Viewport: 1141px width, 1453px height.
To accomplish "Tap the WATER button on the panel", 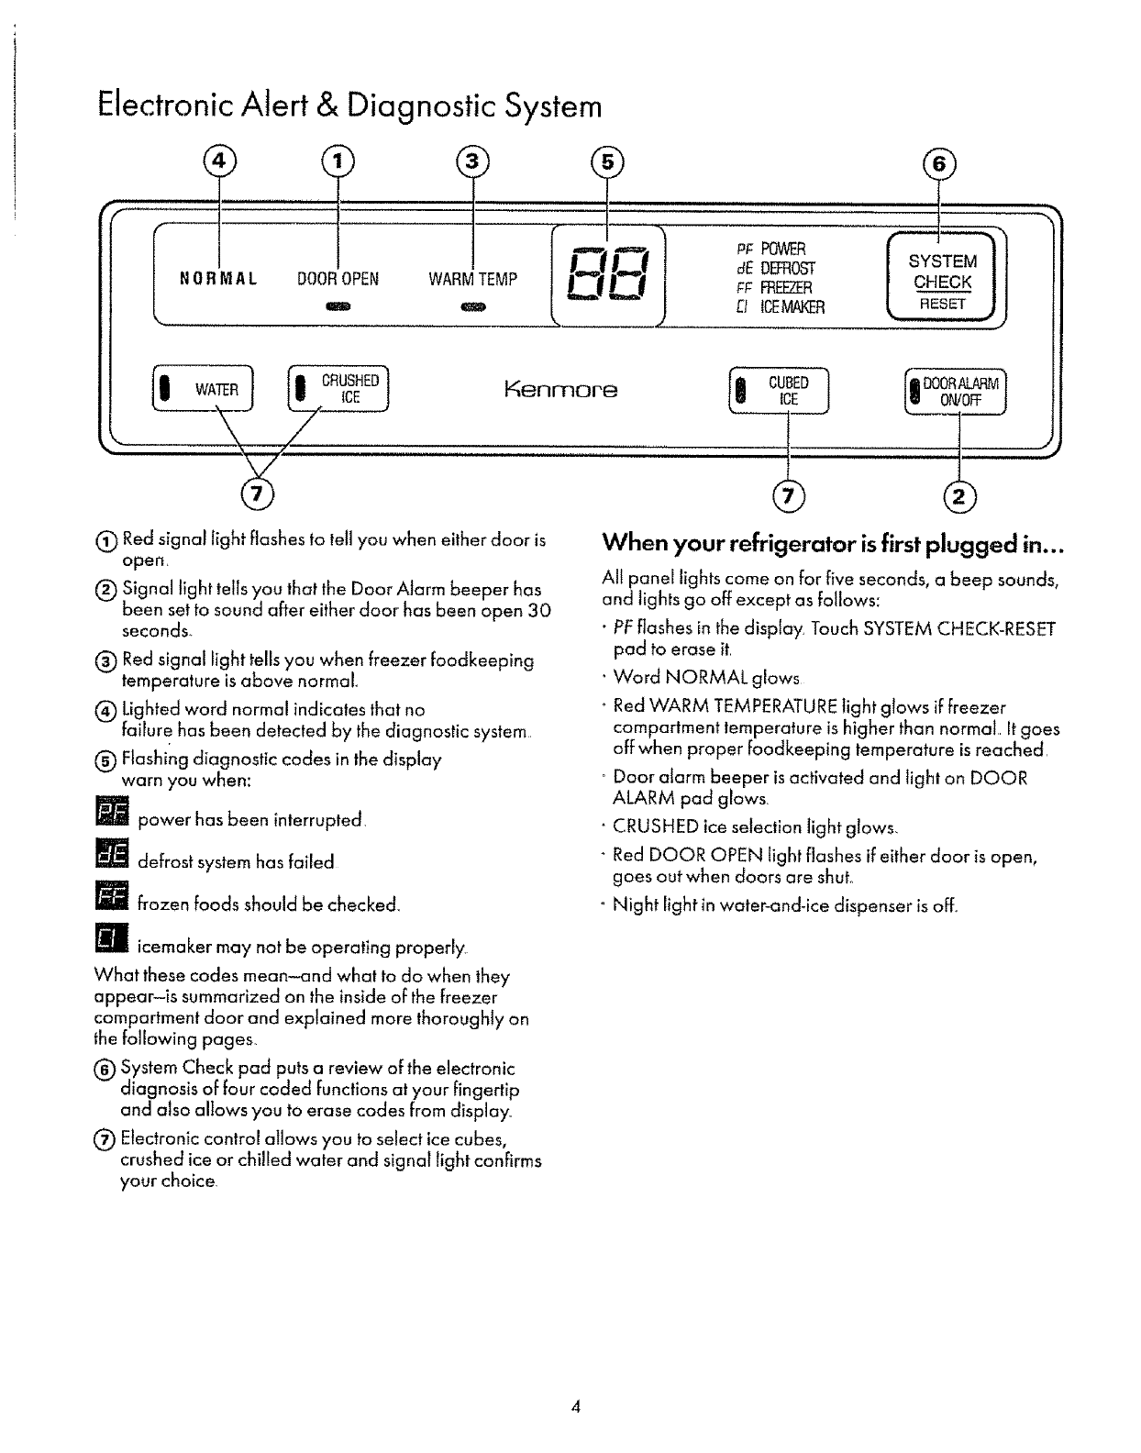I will click(208, 390).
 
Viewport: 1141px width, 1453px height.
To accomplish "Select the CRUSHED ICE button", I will click(339, 390).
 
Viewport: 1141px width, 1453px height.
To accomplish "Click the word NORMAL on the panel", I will click(217, 278).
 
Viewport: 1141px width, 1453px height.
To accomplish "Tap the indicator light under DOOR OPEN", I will click(338, 305).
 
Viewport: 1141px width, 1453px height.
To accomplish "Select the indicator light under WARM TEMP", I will click(472, 305).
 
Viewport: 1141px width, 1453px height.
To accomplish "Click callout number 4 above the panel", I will click(218, 162).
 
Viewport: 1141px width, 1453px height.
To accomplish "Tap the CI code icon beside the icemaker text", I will click(109, 940).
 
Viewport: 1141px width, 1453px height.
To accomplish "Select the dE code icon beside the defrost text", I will click(112, 857).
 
